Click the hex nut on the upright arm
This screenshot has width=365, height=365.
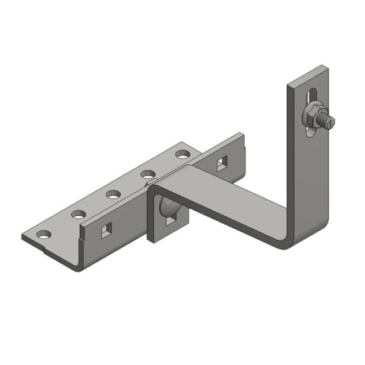click(312, 117)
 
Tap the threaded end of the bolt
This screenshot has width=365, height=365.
click(328, 121)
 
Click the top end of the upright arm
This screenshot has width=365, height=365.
click(306, 72)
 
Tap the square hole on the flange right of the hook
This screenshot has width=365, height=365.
click(221, 164)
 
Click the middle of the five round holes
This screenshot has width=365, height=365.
click(113, 193)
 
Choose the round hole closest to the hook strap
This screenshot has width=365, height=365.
click(182, 151)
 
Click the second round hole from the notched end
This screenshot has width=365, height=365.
click(78, 214)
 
